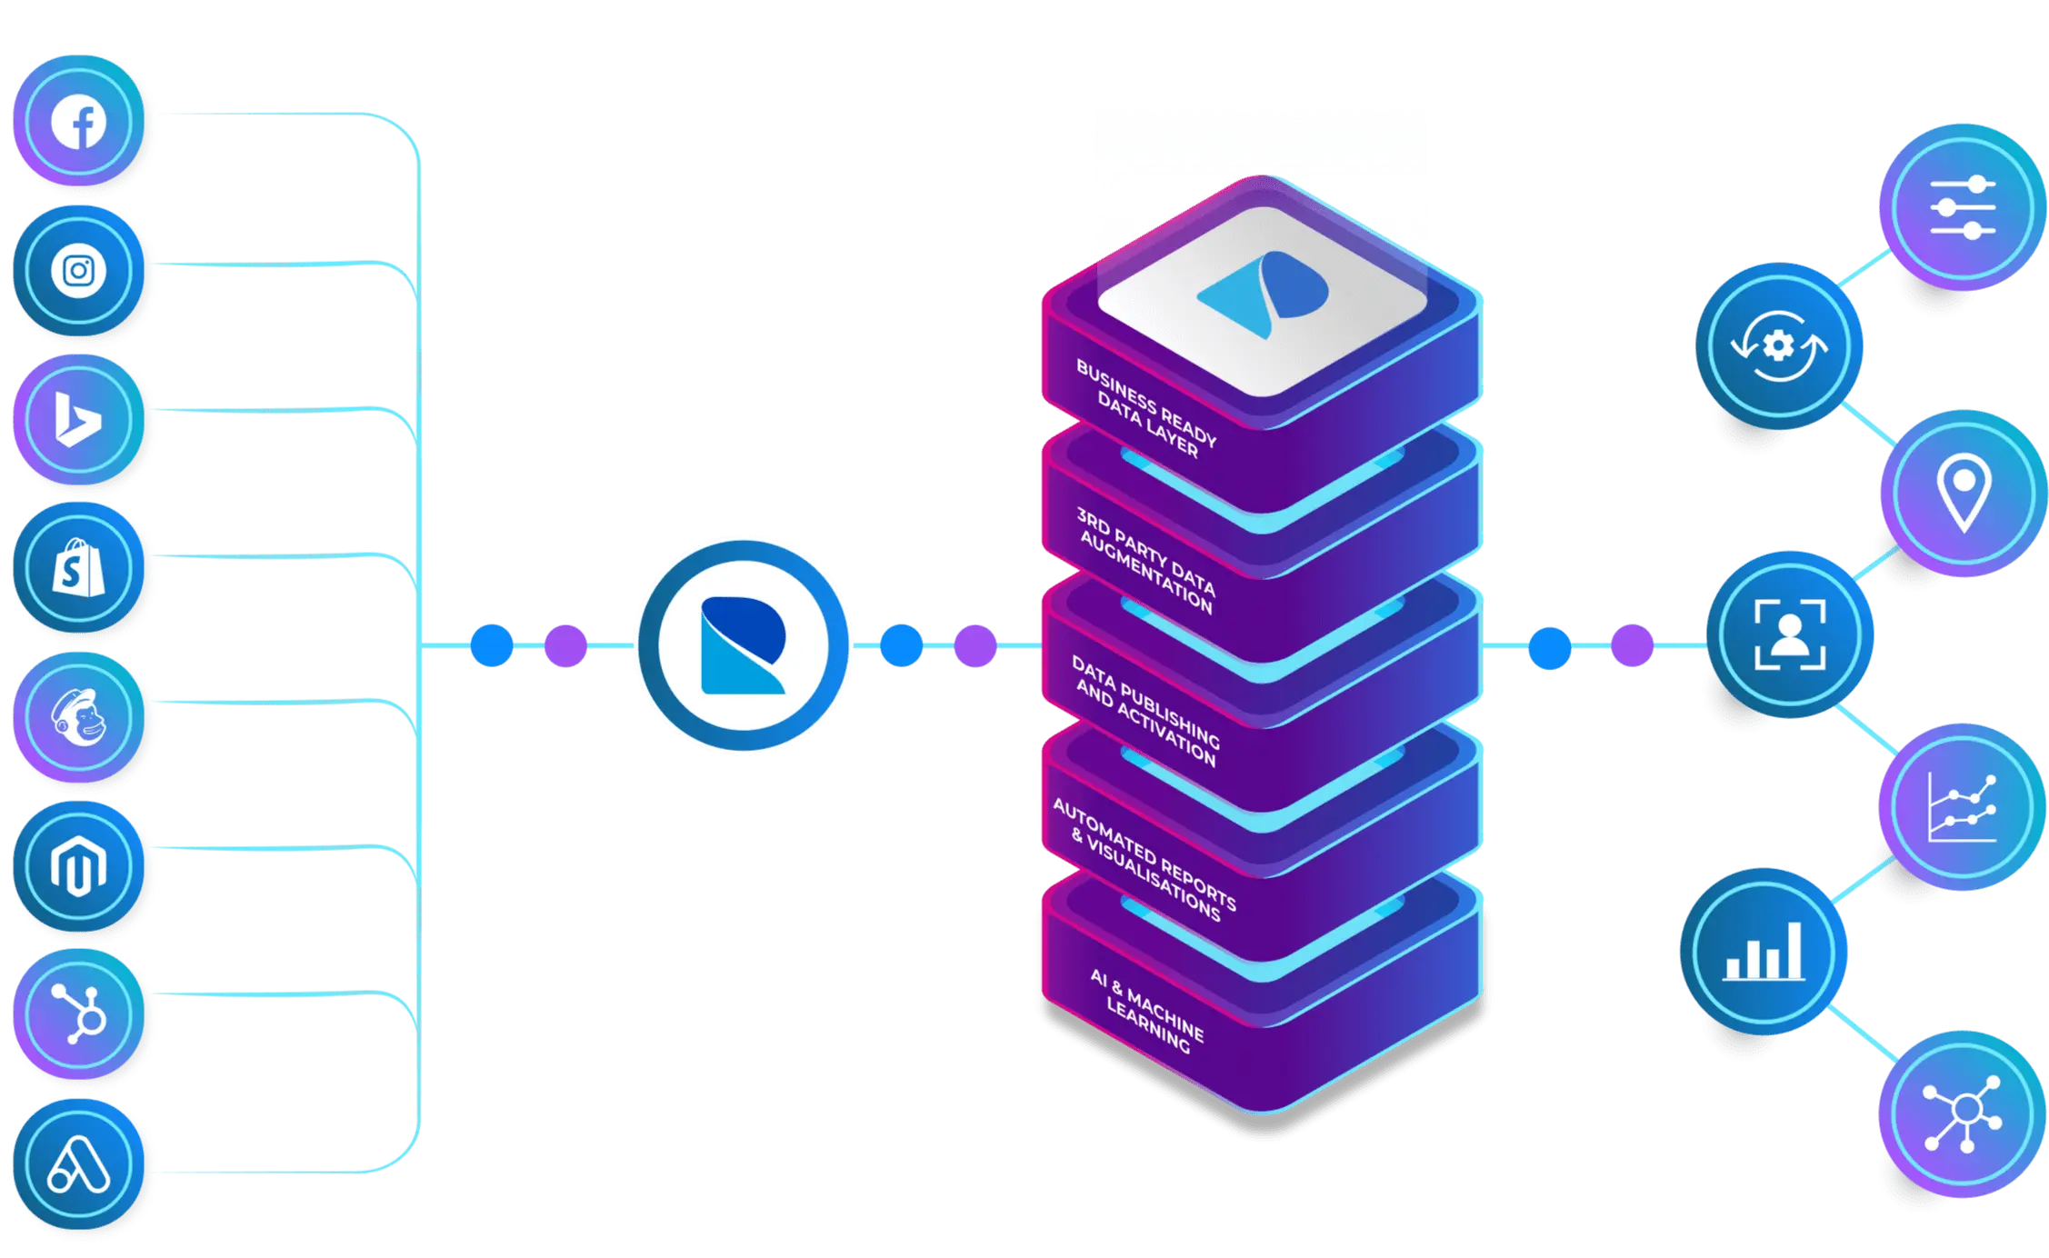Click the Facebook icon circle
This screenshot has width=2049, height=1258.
click(79, 122)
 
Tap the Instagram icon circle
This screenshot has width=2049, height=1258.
click(79, 271)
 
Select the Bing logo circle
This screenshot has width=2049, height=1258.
click(79, 420)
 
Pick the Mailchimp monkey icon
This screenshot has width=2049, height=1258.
click(79, 717)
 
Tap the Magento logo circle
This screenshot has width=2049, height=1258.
click(79, 865)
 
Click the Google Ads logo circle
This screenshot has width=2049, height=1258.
click(79, 1165)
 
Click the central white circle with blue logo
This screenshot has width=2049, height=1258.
click(743, 645)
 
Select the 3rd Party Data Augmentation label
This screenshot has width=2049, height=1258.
click(1145, 560)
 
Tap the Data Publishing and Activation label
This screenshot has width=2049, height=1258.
click(1145, 710)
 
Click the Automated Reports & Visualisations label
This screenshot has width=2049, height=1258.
click(1144, 859)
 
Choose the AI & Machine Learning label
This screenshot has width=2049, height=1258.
click(1147, 1010)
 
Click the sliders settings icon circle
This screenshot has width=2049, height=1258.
click(1962, 208)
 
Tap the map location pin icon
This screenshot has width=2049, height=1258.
click(1963, 492)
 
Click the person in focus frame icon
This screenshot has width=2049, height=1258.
click(1789, 634)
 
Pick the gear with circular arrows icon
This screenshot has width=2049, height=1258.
click(1778, 346)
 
